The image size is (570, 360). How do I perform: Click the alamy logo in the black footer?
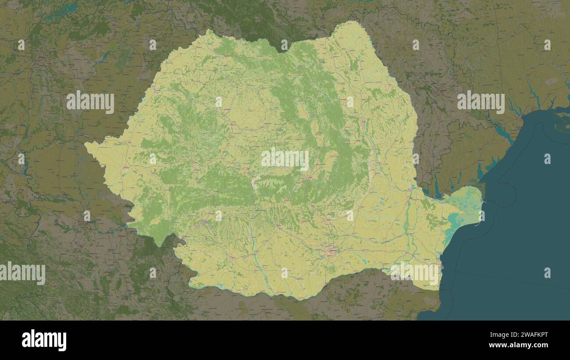44,340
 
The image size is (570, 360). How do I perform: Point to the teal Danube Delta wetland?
465,206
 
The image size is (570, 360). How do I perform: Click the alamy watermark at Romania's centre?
285,159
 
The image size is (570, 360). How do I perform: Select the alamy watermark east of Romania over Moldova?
481,102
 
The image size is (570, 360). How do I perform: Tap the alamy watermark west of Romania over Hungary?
90,102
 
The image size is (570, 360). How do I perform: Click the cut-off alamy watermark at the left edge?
22,273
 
